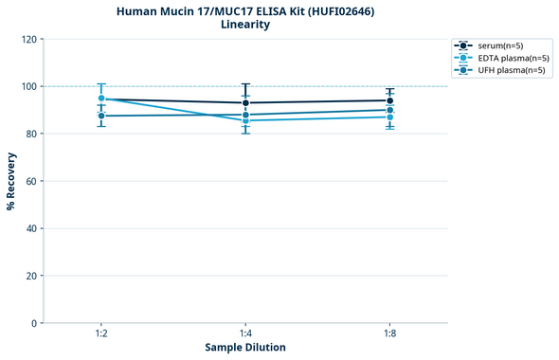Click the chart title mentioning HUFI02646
(x=245, y=10)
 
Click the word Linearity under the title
(x=245, y=25)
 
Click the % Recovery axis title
(x=11, y=181)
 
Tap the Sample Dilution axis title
(x=245, y=348)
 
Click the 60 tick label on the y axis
(x=31, y=181)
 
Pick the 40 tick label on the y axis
(x=31, y=228)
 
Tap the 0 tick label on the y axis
(x=34, y=323)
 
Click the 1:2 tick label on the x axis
(x=101, y=333)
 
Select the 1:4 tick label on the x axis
(x=245, y=333)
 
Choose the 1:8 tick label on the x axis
(x=389, y=333)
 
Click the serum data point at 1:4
(x=245, y=103)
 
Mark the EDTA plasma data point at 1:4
(x=245, y=120)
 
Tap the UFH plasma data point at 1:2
(x=101, y=116)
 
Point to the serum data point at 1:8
(x=389, y=100)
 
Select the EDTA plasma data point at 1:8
(x=389, y=117)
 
